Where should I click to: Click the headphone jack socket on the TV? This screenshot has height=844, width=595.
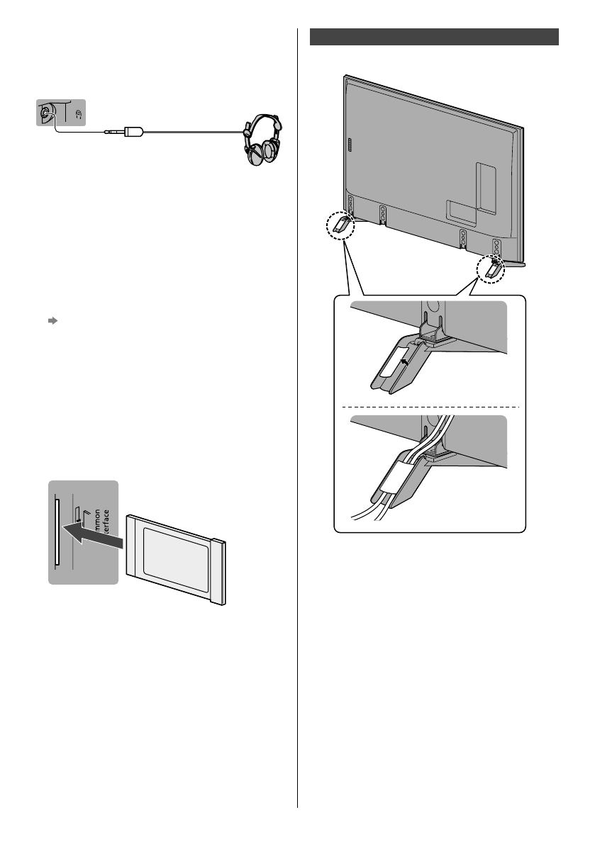click(x=46, y=112)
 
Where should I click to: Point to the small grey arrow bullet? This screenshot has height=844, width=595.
click(x=52, y=321)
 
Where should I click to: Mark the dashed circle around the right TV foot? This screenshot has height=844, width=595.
click(x=491, y=270)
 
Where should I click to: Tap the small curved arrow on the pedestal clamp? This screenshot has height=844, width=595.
click(x=405, y=361)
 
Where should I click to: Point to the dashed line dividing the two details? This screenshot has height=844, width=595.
click(x=430, y=407)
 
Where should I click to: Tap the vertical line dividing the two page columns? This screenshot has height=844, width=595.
click(x=298, y=418)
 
